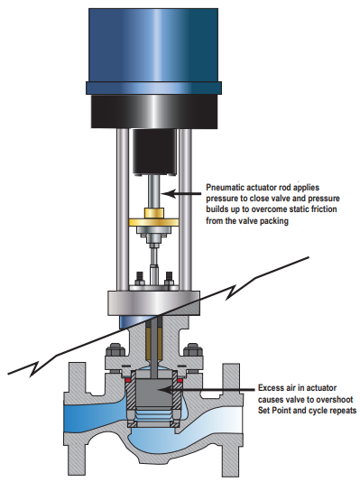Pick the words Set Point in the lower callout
(x=276, y=411)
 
